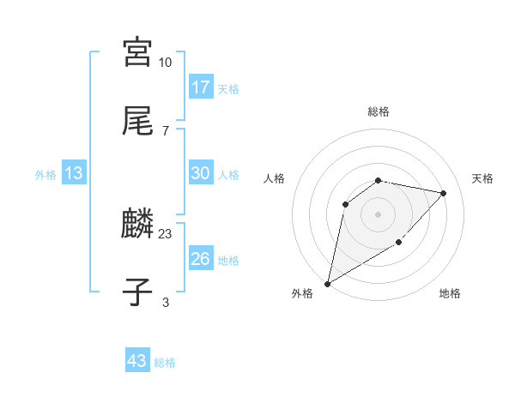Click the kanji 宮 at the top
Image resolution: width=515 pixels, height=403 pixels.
[136, 53]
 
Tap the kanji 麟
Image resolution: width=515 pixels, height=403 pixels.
[136, 226]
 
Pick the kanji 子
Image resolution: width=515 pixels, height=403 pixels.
[136, 292]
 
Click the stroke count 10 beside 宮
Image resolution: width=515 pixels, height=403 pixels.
[166, 63]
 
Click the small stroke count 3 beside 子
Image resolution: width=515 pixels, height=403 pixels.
[166, 301]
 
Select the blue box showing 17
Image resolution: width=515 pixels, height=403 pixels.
[200, 87]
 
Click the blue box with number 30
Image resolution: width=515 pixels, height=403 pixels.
[200, 173]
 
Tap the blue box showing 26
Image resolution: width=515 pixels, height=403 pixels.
[200, 259]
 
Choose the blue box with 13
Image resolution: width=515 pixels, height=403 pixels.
[74, 173]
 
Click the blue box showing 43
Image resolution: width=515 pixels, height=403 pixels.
[136, 361]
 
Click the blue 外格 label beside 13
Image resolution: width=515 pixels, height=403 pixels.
[45, 174]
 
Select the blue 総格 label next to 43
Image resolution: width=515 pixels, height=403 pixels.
[165, 362]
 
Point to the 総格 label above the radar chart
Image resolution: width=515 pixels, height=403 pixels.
[379, 111]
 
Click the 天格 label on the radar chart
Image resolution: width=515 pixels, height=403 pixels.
[483, 178]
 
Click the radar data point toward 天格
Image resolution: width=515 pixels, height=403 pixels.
[444, 193]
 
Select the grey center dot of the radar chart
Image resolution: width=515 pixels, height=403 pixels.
[379, 214]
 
